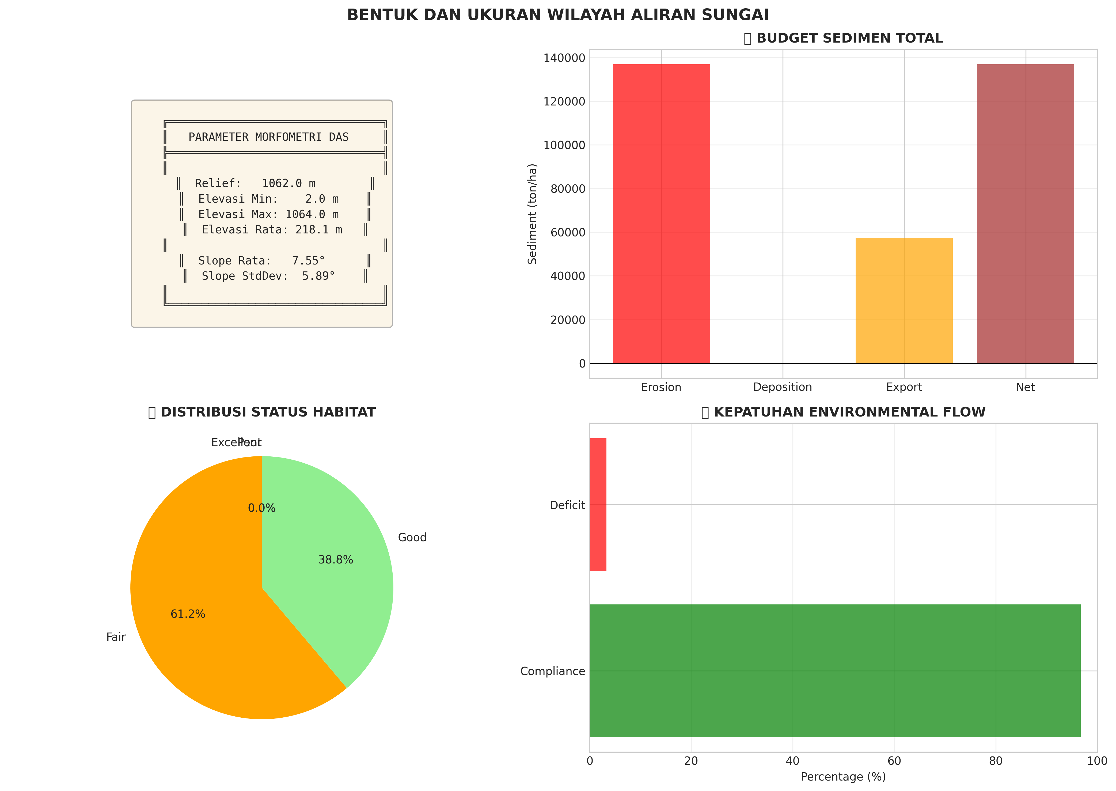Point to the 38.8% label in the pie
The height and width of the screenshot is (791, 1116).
pyautogui.click(x=336, y=560)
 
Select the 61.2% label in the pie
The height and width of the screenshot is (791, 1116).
pyautogui.click(x=188, y=614)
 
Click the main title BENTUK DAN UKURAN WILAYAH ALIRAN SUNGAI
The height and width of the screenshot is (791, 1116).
pyautogui.click(x=557, y=15)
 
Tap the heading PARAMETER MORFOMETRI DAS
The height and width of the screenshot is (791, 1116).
pyautogui.click(x=268, y=137)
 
